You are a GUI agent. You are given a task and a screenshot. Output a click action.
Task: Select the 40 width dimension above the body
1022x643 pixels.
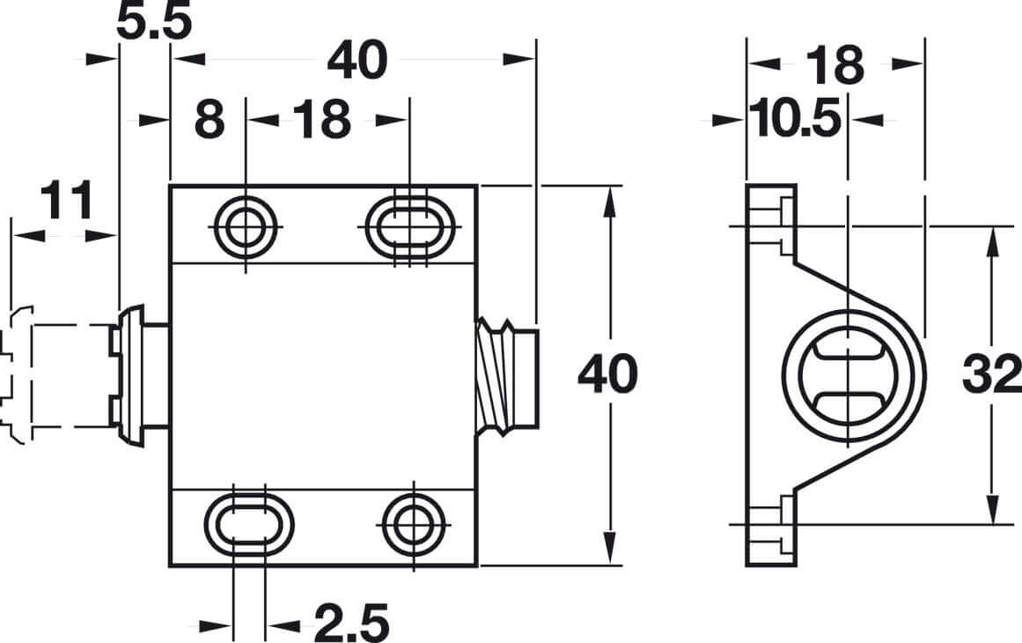pos(357,61)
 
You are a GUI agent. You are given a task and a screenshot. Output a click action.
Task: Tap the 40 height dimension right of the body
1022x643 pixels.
pos(607,376)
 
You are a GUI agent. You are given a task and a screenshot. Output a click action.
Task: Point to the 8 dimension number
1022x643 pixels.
pos(209,120)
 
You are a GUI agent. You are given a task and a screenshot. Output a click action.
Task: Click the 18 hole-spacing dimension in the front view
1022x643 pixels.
pos(321,120)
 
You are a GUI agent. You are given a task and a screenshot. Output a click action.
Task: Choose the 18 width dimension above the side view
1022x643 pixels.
pos(835,65)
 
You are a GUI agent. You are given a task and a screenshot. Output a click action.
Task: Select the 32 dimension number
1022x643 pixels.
pos(990,376)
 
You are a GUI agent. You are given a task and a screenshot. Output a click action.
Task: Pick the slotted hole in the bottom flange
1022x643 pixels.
pos(248,525)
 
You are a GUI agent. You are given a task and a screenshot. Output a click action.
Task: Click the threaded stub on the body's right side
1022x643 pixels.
pos(506,376)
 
